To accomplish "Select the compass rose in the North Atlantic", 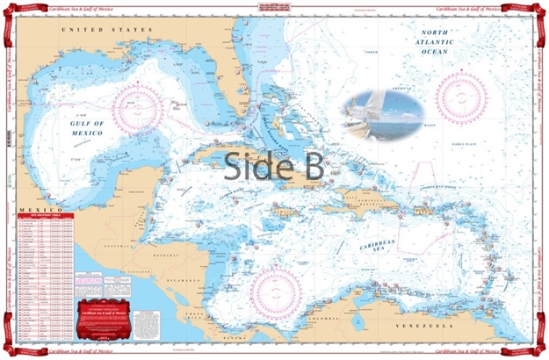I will tap(462, 99).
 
